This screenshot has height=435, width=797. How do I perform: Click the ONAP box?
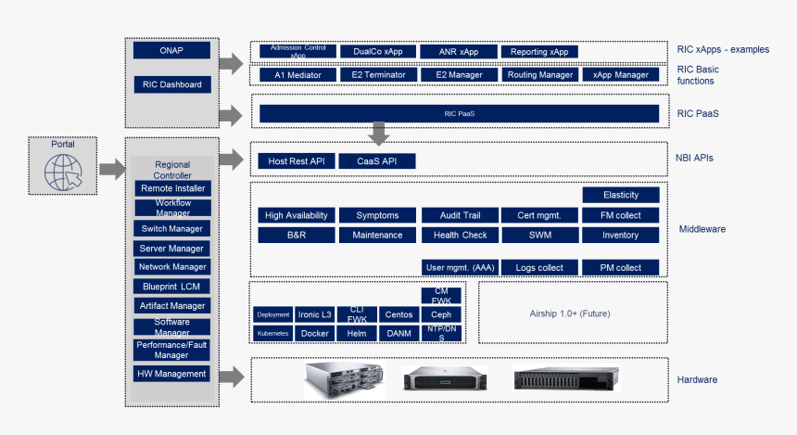click(171, 50)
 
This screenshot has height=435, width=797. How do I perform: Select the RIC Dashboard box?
click(171, 84)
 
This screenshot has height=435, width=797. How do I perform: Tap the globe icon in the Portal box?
click(61, 171)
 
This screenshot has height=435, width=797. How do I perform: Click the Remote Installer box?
click(172, 188)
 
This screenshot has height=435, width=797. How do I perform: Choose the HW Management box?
click(172, 374)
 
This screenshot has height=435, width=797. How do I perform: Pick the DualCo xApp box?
click(377, 52)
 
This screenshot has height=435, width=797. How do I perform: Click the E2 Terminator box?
click(377, 74)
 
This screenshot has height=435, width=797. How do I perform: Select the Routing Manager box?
click(540, 74)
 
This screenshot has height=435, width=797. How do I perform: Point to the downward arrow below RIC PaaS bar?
click(378, 134)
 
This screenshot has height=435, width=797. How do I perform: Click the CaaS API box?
click(377, 161)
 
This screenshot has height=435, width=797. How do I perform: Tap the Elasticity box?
click(620, 195)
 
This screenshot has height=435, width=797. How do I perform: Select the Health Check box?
click(460, 235)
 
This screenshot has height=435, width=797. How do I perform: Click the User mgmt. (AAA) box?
click(460, 268)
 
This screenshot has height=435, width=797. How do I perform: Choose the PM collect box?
click(620, 268)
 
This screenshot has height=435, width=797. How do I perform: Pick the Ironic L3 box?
click(315, 314)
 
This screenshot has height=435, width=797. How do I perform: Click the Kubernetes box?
click(272, 333)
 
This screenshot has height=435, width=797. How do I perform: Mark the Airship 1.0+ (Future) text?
click(570, 313)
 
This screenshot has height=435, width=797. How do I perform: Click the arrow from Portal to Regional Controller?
click(111, 169)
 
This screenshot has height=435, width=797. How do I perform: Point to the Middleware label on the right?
click(702, 228)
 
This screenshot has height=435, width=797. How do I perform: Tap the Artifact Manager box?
click(172, 305)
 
